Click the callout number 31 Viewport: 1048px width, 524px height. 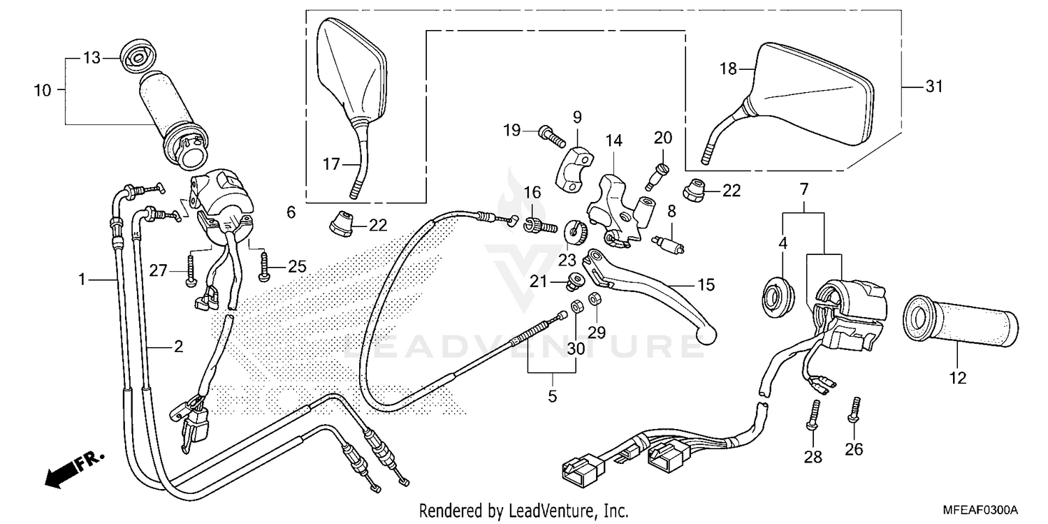934,87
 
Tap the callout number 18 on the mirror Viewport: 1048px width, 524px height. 728,68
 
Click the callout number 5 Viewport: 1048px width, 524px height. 552,398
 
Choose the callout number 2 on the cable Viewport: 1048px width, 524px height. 178,346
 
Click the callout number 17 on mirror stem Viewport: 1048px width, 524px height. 331,164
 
